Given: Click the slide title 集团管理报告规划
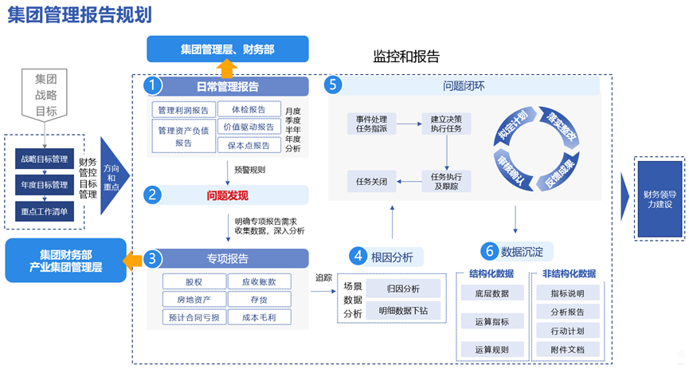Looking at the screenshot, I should (x=80, y=15).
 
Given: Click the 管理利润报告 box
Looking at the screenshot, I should (x=182, y=110).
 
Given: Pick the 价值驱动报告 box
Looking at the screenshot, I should (x=249, y=127).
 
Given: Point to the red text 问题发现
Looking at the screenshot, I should (x=228, y=195).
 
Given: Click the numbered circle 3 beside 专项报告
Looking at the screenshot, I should (x=152, y=258).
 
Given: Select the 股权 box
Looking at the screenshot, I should (x=193, y=281).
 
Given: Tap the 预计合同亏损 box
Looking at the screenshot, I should (x=193, y=316).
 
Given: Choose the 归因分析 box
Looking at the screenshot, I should (x=402, y=289).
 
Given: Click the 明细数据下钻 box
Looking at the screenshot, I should (x=402, y=310).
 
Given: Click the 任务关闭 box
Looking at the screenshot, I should (x=371, y=181).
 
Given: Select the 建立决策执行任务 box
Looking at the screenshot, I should (x=446, y=123).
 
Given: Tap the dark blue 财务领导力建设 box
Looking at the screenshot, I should (x=660, y=199).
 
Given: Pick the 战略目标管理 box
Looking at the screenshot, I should (x=45, y=159).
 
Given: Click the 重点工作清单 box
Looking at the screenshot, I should (x=45, y=211).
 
